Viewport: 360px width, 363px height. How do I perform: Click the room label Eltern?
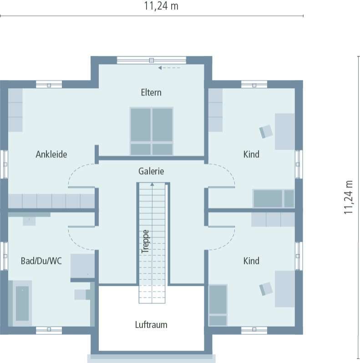[151, 92]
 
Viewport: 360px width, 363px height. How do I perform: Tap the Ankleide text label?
[51, 154]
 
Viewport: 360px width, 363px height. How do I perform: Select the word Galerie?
[151, 171]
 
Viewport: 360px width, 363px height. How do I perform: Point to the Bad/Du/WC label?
[41, 261]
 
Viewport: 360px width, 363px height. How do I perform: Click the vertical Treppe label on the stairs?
[145, 241]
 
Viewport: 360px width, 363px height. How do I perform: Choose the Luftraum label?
[151, 325]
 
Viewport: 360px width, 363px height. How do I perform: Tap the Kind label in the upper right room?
[251, 154]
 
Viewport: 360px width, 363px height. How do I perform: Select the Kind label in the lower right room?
[251, 261]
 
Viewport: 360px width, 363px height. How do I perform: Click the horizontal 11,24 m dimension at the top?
[161, 6]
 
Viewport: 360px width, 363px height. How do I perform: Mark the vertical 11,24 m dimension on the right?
[349, 197]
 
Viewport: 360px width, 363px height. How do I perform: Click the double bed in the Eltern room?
[152, 131]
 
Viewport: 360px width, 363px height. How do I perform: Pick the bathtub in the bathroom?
[22, 303]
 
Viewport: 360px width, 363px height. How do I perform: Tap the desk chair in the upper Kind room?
[266, 131]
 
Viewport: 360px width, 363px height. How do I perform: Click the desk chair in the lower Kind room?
[266, 289]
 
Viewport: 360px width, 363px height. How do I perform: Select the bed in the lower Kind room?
[218, 305]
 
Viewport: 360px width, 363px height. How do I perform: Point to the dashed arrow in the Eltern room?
[169, 68]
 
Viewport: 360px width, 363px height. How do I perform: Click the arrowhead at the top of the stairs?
[152, 184]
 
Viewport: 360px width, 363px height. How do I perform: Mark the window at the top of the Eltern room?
[152, 60]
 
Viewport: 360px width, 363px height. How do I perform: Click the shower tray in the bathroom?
[82, 266]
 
